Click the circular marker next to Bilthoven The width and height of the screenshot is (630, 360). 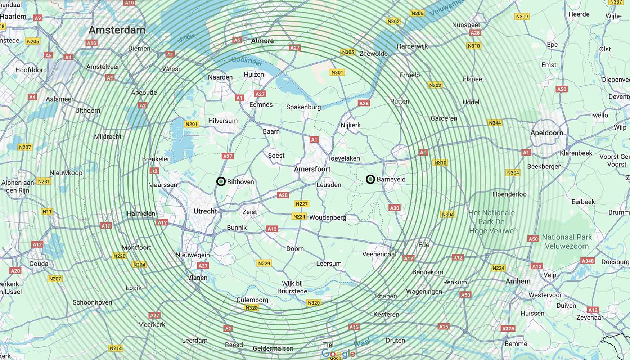tap(221, 181)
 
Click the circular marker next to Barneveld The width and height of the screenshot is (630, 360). tap(370, 179)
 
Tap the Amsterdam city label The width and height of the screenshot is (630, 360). tap(117, 30)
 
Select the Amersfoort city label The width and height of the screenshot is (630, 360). tap(312, 169)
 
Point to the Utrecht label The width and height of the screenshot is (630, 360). tap(205, 211)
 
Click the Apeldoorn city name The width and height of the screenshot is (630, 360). tap(546, 133)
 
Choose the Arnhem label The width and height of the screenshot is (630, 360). tap(518, 281)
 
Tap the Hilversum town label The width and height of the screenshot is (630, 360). tap(223, 121)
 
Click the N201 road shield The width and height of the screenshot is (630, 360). tap(192, 124)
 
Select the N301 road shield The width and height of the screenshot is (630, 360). tap(337, 72)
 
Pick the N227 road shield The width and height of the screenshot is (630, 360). tap(302, 204)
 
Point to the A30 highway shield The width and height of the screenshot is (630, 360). tap(395, 208)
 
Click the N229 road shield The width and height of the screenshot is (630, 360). tap(264, 263)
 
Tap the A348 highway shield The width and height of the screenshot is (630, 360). tap(588, 261)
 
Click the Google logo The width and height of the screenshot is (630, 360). tap(338, 354)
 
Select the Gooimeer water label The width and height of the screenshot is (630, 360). tap(247, 60)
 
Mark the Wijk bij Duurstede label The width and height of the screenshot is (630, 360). tap(292, 287)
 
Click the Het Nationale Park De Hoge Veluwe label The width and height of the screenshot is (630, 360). tap(491, 222)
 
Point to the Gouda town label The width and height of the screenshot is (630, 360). tap(39, 264)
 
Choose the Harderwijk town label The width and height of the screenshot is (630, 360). tap(413, 46)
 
